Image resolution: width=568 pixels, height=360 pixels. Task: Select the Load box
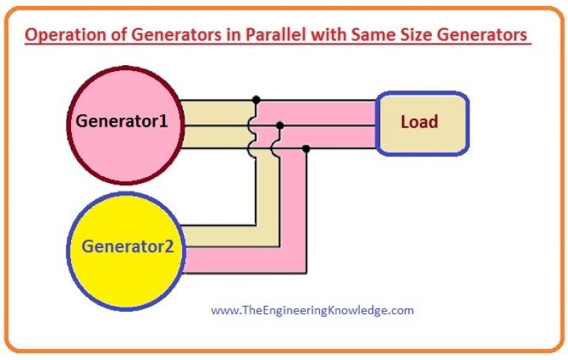[x=422, y=123]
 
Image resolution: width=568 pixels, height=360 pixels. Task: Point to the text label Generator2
[x=127, y=245]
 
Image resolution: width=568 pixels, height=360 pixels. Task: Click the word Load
[x=419, y=121]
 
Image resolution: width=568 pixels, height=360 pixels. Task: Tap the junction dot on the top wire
[x=256, y=99]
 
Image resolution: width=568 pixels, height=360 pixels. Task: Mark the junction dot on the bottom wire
[x=306, y=149]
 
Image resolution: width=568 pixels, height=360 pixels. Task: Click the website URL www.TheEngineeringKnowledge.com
[x=312, y=310]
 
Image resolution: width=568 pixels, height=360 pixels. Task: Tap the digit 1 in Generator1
[x=164, y=121]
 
